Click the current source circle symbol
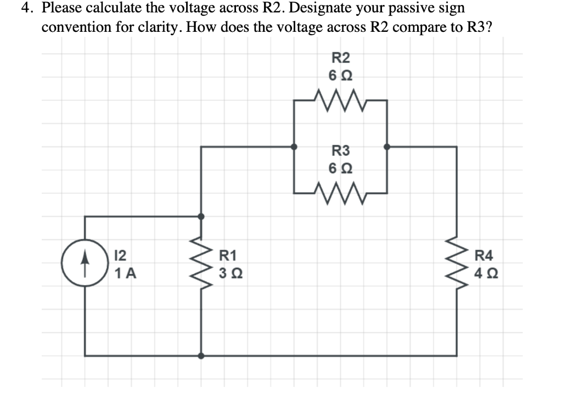point(84,264)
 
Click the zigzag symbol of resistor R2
point(341,100)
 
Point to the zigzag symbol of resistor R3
point(341,193)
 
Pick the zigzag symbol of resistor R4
point(457,264)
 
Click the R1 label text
point(228,255)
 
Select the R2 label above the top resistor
point(341,57)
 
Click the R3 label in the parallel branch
point(341,150)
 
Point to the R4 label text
point(484,255)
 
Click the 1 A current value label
point(126,273)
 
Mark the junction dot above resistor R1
point(201,216)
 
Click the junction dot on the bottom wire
point(201,356)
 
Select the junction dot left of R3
point(294,147)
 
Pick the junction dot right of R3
point(387,147)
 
